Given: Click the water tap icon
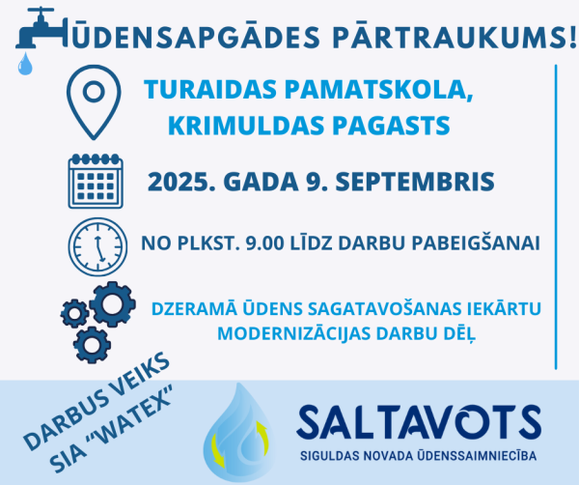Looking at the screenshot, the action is [41, 32].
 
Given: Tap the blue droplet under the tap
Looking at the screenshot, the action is [25, 64].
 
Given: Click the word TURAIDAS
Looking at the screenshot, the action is [210, 90].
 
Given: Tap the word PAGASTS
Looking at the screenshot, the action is [392, 126].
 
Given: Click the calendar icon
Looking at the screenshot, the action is [96, 181].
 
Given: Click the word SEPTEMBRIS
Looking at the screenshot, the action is [415, 182].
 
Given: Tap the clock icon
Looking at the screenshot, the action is [97, 246].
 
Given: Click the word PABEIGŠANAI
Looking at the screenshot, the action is [476, 243].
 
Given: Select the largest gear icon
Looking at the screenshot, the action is [112, 304].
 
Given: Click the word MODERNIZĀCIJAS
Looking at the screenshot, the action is [294, 333].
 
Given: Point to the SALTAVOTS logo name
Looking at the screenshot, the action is [419, 422].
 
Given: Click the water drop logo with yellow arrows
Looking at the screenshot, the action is [239, 432].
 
